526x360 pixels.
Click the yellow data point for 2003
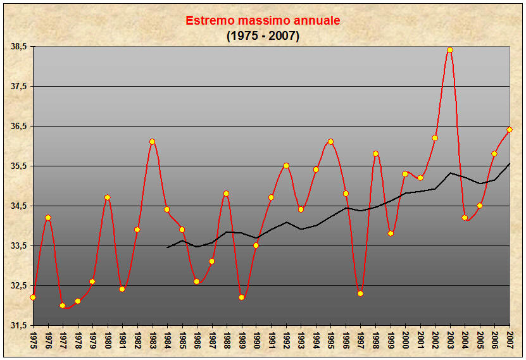[x=450, y=50]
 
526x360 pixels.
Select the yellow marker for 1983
[x=153, y=142]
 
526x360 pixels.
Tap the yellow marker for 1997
[x=361, y=294]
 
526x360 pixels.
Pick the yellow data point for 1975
[x=33, y=297]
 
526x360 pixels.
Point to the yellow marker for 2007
[x=510, y=130]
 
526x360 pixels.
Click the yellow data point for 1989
[x=242, y=297]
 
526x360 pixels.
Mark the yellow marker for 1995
[x=331, y=142]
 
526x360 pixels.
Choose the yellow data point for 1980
[x=108, y=197]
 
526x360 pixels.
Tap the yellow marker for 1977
[x=63, y=306]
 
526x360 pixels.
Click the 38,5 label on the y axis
[x=19, y=47]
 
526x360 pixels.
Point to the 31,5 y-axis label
[x=19, y=326]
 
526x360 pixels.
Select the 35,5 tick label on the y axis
[x=19, y=166]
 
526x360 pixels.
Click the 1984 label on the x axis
[x=167, y=340]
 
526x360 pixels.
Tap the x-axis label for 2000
[x=405, y=340]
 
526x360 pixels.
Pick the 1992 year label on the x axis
[x=286, y=340]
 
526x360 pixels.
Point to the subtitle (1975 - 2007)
[x=263, y=35]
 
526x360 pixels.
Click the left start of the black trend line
[x=167, y=247]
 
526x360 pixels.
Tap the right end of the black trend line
[x=510, y=164]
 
